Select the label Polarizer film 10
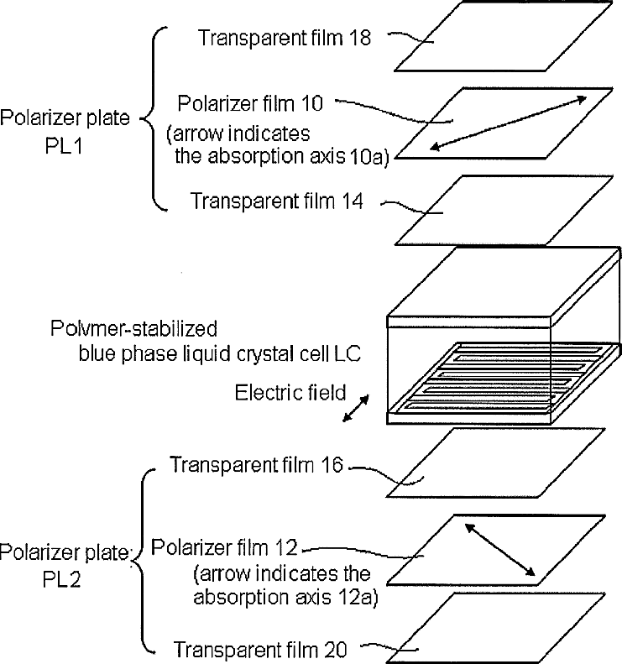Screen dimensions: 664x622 255,103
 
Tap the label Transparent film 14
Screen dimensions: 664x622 276,201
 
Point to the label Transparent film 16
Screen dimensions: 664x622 256,464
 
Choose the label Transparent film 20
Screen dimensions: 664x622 260,649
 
